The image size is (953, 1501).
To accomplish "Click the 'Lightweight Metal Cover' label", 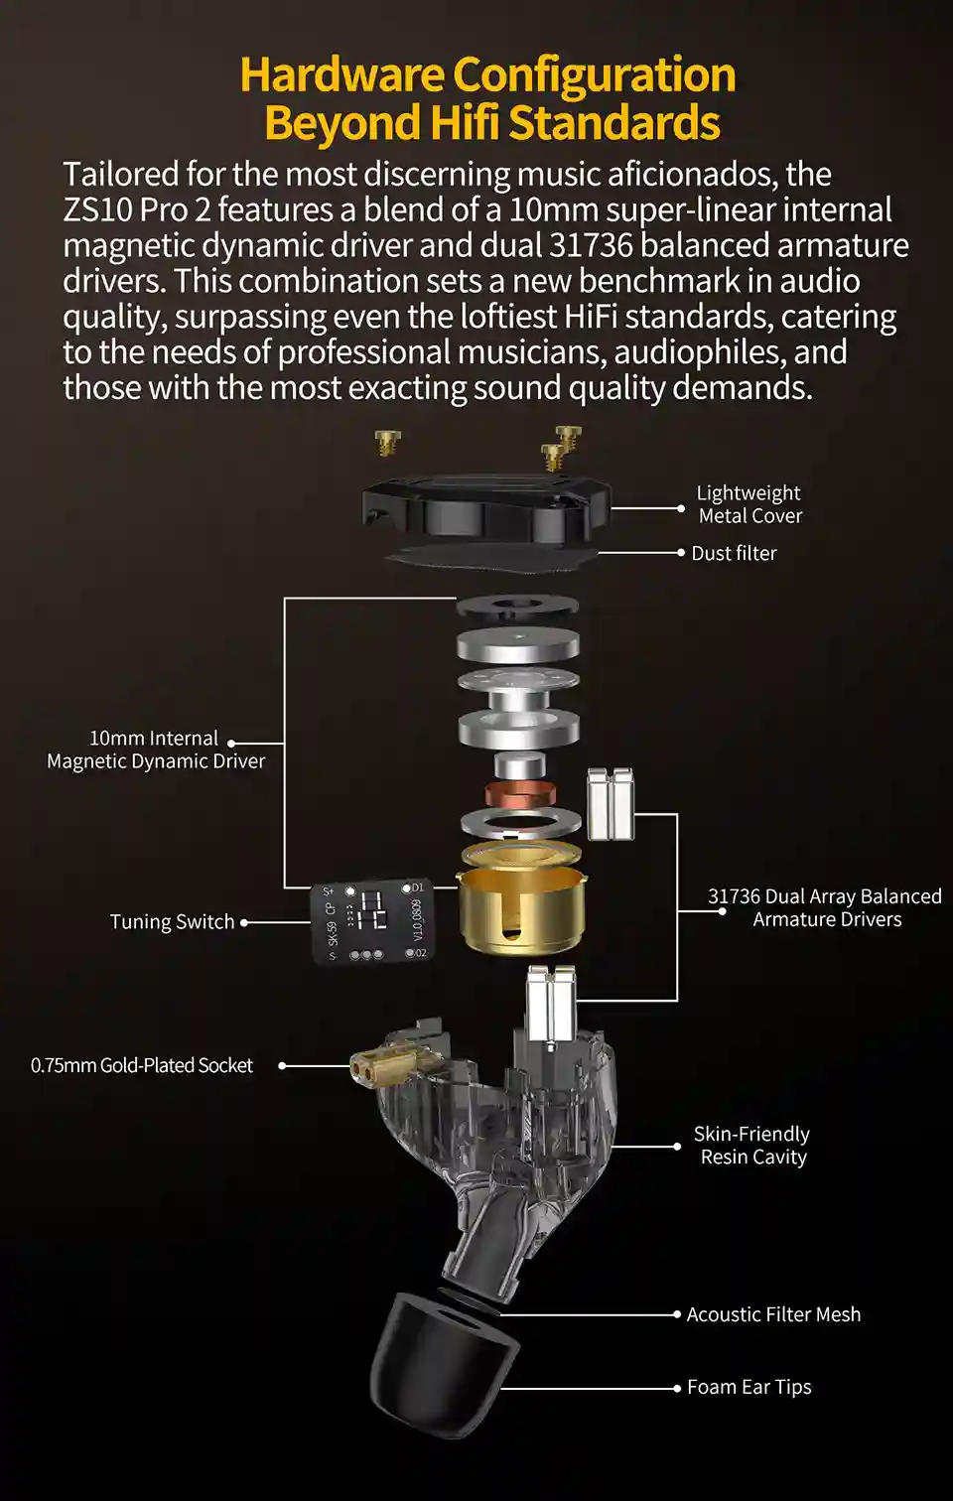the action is (749, 504).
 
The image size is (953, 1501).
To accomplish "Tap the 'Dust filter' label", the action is (734, 554).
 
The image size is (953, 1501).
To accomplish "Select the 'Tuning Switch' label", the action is (173, 922).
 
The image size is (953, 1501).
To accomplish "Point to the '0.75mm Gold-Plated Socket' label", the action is (142, 1065).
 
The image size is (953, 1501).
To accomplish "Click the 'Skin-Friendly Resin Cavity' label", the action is (751, 1146).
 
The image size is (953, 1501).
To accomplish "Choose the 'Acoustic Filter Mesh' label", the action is (773, 1314).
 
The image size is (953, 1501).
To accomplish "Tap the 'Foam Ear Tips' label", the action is (749, 1387).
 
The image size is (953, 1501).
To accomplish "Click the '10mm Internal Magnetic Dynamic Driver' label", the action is (156, 750).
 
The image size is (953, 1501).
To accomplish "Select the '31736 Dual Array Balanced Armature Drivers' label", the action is (825, 907).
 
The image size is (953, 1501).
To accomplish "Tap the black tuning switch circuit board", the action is (372, 921).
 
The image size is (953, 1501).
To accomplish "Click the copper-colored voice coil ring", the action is (521, 793).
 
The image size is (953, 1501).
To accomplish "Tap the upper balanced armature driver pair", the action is (611, 804).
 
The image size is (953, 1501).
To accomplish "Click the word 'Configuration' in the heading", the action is (595, 74).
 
